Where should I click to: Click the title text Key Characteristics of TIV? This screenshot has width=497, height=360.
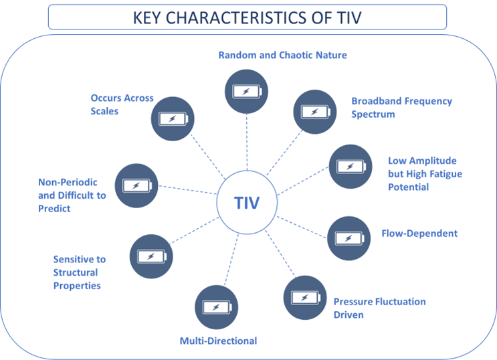pos(247,17)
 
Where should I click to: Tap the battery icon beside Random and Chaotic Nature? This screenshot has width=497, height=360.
pos(246,93)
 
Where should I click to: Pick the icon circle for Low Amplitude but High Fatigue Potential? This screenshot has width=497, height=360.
pos(350,166)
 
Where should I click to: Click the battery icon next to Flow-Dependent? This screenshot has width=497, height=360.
pos(349,238)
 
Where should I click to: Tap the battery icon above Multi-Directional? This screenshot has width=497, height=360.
pos(217,307)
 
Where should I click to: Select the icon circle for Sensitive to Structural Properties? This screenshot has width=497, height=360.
pos(151,256)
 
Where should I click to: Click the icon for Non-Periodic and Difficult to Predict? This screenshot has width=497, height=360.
pos(136,185)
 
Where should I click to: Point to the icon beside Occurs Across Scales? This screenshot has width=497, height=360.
pos(173,119)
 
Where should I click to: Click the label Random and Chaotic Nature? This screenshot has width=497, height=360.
pos(282,55)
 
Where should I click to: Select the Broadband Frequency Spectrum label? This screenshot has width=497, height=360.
pos(401,108)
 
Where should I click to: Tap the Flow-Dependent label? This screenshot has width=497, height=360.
pos(419,234)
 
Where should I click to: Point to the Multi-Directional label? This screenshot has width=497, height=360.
pos(218,341)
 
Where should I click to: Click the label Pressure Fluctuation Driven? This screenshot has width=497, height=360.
pos(379,308)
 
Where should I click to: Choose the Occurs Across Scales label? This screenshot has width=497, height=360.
pos(122,104)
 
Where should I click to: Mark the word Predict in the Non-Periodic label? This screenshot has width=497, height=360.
pos(54,209)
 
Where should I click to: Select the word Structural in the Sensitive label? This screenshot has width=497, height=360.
pos(75,272)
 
